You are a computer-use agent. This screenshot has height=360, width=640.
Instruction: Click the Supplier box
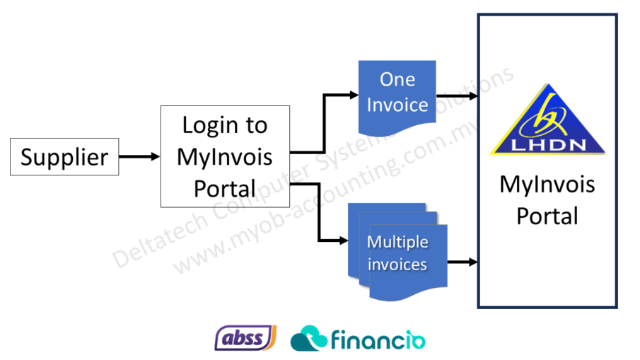[x=64, y=156]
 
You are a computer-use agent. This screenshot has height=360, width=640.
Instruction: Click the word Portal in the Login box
[x=225, y=189]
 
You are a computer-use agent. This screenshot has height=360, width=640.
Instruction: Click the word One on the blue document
[x=397, y=79]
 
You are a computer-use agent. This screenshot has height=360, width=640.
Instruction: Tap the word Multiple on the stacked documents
[x=397, y=242]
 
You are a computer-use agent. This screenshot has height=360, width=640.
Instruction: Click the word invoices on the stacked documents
[x=397, y=265]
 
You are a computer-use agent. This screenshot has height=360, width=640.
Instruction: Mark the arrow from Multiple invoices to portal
[x=463, y=262]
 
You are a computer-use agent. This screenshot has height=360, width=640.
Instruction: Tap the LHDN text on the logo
[x=548, y=145]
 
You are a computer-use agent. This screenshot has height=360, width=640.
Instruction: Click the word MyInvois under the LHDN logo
[x=547, y=185]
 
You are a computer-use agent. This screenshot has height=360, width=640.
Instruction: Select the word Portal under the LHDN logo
[x=547, y=215]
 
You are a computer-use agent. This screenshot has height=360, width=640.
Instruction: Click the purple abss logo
[x=245, y=337]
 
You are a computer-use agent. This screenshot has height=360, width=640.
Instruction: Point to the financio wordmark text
[x=378, y=340]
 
